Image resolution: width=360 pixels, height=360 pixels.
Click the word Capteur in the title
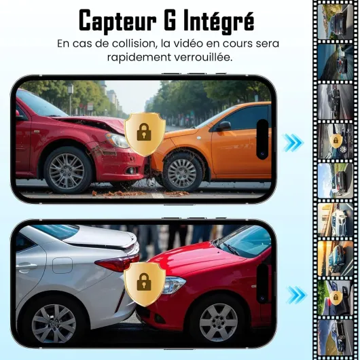[x=118, y=21]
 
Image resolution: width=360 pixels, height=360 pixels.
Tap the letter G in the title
[x=170, y=20]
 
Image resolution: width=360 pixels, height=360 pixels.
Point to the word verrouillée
[x=203, y=57]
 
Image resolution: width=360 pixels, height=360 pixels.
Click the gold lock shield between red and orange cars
[x=145, y=134]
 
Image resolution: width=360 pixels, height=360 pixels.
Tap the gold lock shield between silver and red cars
[x=145, y=284]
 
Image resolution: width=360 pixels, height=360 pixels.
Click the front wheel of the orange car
[x=182, y=173]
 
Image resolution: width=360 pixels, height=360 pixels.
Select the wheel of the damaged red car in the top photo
[x=67, y=169]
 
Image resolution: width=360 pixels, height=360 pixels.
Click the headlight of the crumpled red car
[x=117, y=140]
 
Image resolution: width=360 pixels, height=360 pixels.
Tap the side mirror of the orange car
[x=223, y=126]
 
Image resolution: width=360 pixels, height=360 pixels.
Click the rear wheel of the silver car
[x=54, y=324]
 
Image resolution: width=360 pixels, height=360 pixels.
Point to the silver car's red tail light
[x=117, y=263]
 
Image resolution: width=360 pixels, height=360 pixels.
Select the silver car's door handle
[x=26, y=266]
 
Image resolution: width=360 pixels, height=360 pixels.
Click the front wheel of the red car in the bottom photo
[x=218, y=323]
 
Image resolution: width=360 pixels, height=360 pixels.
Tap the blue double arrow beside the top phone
[x=293, y=143]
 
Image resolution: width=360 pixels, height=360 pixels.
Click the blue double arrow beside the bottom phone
[x=297, y=295]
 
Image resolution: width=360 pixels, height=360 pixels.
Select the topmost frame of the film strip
[x=335, y=22]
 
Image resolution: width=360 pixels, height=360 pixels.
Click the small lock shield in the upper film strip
[x=336, y=140]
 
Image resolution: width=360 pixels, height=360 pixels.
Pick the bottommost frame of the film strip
[x=335, y=336]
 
